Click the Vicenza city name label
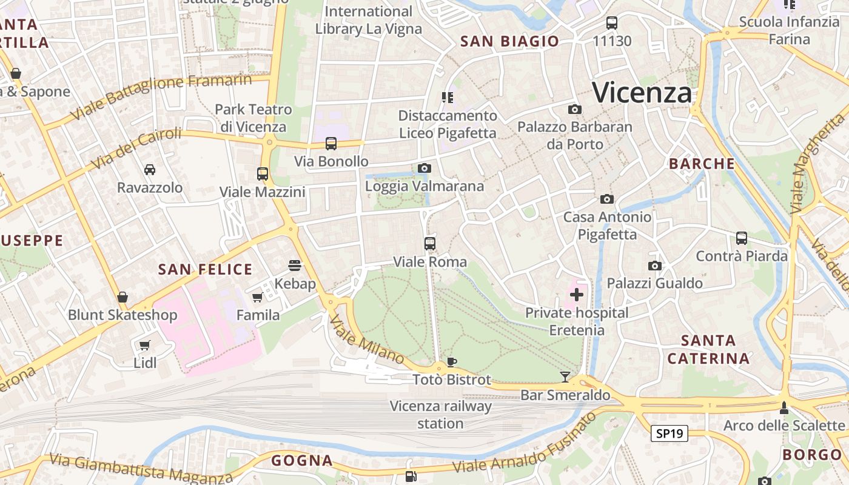(642, 93)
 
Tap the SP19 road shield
(669, 433)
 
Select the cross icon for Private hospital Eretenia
(576, 295)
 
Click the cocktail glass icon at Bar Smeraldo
(565, 377)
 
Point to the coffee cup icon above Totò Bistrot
(451, 362)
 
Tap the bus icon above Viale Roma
(430, 244)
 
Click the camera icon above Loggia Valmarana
(424, 168)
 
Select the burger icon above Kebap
(295, 265)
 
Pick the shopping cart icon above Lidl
(144, 345)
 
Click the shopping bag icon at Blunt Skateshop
(122, 297)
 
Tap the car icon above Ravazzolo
(149, 170)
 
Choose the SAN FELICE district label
(205, 270)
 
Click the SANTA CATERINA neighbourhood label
(708, 349)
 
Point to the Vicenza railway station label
(440, 415)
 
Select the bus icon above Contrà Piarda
(741, 238)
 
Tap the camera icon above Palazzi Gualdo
(654, 266)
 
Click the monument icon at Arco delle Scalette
(784, 407)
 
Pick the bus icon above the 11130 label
(612, 23)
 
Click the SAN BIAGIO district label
(509, 41)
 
